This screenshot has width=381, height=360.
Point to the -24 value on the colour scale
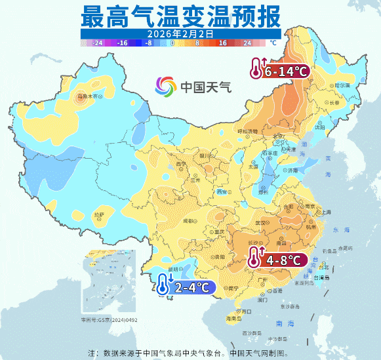pos(98,43)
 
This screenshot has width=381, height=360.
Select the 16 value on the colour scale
pos(223,43)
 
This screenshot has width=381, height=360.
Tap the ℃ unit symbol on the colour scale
pos(273,43)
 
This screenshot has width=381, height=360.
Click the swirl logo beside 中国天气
pos(166,87)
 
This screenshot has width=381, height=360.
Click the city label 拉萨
pos(99,214)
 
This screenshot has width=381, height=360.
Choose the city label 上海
pos(323,212)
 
